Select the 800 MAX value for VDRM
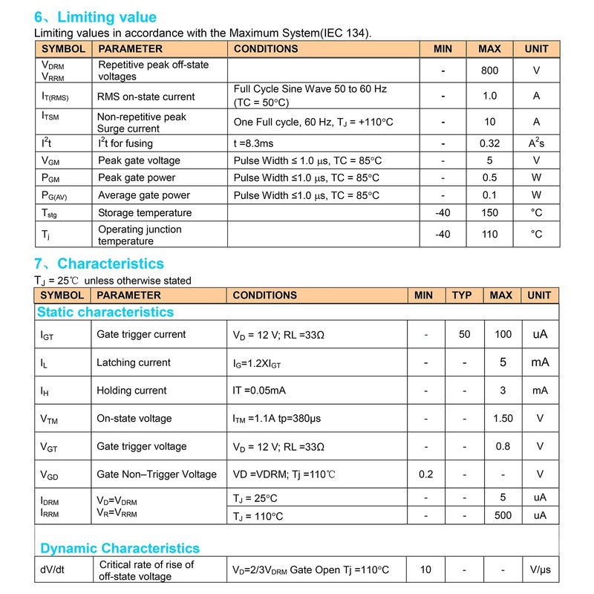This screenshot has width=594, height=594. [x=489, y=71]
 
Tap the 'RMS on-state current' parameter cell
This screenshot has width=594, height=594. [x=146, y=97]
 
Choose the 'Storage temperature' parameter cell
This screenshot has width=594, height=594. [x=145, y=213]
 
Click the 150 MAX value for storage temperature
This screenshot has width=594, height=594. [x=489, y=213]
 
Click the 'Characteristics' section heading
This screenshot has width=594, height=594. [x=110, y=264]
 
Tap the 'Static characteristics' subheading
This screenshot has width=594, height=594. [x=105, y=313]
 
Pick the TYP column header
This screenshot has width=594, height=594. [x=462, y=296]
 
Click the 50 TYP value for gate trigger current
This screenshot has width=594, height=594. [x=465, y=335]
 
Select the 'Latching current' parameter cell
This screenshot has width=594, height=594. [x=134, y=362]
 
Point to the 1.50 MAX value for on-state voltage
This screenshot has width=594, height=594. [x=503, y=419]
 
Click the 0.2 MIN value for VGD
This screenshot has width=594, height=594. [x=425, y=474]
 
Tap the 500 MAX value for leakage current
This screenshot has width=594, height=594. [x=503, y=515]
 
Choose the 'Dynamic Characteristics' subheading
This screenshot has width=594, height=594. [x=120, y=549]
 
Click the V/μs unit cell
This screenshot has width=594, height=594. [x=540, y=570]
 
